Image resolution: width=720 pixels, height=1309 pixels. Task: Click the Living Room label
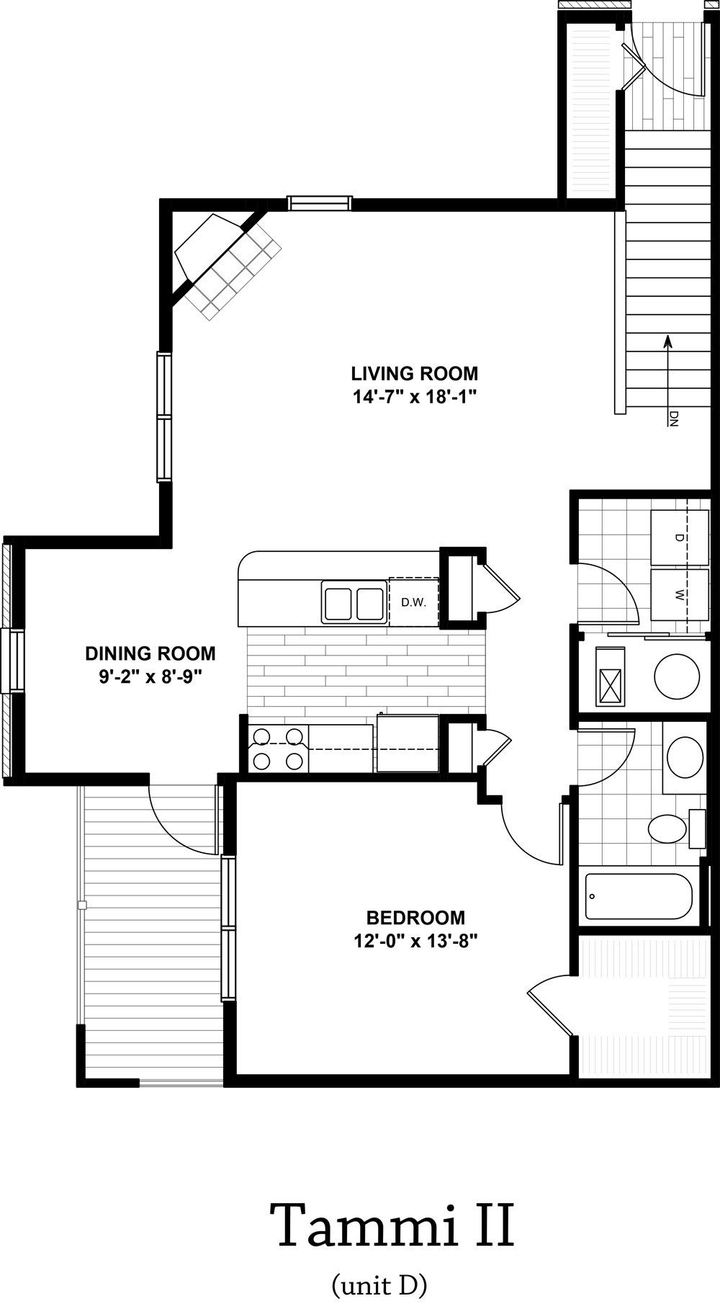(415, 373)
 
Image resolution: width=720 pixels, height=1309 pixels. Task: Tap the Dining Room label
(150, 653)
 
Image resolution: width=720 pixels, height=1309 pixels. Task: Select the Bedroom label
(415, 918)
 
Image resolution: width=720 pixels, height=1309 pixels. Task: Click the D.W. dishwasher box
(414, 602)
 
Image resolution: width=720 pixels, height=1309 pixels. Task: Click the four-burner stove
(275, 749)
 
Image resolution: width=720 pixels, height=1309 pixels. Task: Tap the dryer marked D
(680, 538)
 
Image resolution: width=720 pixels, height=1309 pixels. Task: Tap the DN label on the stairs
(674, 419)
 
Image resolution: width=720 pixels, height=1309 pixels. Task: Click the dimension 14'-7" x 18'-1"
(415, 396)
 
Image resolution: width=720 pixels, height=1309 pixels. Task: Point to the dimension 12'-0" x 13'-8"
(415, 940)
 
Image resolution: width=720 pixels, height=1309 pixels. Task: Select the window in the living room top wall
(320, 202)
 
